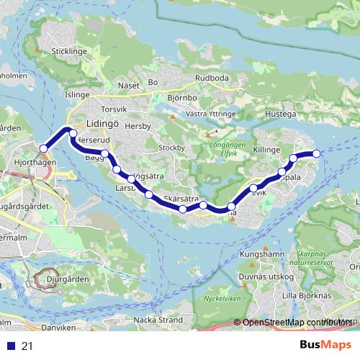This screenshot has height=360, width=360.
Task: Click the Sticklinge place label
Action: click(x=68, y=52)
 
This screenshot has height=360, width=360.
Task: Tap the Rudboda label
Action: click(x=211, y=78)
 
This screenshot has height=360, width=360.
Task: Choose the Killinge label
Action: click(x=266, y=148)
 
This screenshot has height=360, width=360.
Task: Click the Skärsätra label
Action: click(x=181, y=198)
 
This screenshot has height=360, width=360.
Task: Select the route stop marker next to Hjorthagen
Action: click(x=43, y=148)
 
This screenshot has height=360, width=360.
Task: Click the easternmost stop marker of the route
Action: click(x=315, y=153)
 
